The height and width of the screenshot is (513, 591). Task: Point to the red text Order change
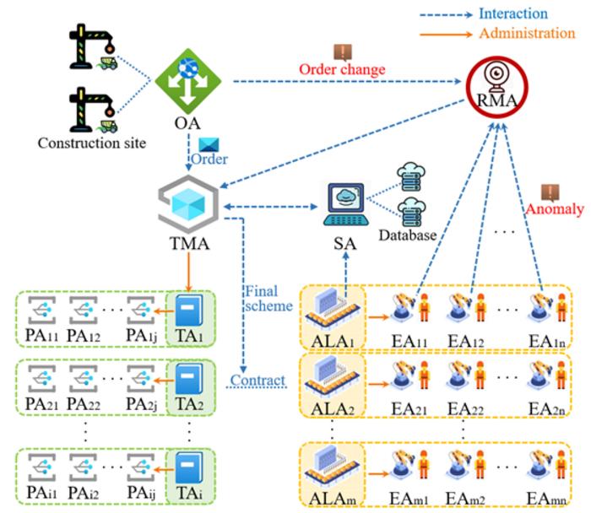pyautogui.click(x=342, y=68)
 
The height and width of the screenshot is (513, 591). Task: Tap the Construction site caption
pyautogui.click(x=91, y=143)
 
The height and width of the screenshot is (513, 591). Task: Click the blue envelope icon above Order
pyautogui.click(x=208, y=145)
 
